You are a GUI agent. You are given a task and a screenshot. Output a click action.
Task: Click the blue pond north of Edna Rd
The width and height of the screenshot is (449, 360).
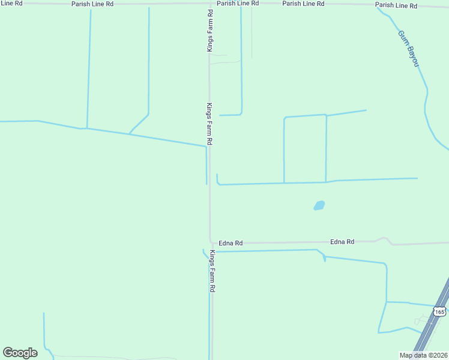[319, 205]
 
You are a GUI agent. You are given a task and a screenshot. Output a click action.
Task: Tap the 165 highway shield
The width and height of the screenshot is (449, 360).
[439, 311]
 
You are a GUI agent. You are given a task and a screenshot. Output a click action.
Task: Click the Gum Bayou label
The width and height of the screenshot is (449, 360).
[408, 49]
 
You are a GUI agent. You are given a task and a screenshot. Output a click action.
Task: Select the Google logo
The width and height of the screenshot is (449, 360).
[20, 352]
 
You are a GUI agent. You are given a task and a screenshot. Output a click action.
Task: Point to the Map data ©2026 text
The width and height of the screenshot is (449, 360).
[423, 355]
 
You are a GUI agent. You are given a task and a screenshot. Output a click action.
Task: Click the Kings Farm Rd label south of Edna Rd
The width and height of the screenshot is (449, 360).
[212, 271]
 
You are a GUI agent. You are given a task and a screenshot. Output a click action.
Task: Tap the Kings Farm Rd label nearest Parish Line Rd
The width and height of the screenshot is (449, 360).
[209, 30]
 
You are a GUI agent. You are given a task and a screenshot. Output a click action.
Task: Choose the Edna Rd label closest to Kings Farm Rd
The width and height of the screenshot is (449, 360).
[231, 243]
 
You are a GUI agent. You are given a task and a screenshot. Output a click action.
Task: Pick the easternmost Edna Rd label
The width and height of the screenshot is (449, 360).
[342, 242]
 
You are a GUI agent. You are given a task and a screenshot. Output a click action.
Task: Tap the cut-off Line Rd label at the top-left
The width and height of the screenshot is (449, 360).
[11, 3]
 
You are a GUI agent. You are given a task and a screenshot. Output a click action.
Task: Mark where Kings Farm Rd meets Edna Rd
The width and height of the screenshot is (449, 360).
[210, 242]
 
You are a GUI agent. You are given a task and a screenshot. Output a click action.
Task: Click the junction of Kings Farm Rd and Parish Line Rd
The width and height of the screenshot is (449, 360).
[209, 3]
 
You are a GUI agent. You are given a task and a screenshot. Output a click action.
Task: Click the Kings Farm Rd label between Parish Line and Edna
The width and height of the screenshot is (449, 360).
[209, 124]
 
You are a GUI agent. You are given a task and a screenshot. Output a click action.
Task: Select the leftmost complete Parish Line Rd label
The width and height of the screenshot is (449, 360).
[92, 4]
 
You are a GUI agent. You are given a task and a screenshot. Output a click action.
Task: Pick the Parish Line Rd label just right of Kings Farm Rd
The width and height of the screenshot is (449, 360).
[238, 3]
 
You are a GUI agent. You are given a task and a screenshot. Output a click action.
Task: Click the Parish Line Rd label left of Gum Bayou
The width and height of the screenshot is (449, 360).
[303, 4]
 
